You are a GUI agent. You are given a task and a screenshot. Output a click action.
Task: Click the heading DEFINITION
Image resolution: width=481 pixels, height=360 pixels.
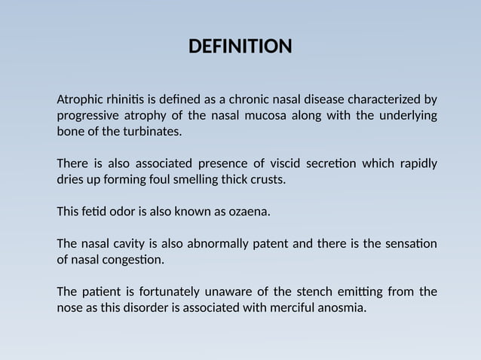pos(240,47)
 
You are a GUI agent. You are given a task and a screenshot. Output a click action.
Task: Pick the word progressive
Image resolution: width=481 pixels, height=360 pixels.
pos(90,115)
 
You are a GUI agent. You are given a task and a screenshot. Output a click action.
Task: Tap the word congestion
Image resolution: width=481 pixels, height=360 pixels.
pos(136,260)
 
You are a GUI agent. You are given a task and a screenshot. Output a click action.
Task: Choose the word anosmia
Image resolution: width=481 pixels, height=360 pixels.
pos(340,307)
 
